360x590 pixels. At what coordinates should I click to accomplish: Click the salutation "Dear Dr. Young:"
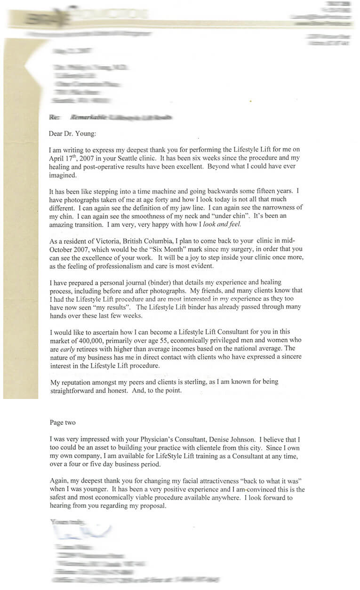click(x=72, y=134)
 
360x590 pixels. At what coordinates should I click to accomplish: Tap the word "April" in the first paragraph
click(x=57, y=159)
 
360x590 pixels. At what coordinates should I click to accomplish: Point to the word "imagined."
click(x=64, y=175)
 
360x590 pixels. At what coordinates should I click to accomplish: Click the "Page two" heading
click(x=62, y=423)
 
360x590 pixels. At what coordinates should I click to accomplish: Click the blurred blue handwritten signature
click(x=82, y=532)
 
